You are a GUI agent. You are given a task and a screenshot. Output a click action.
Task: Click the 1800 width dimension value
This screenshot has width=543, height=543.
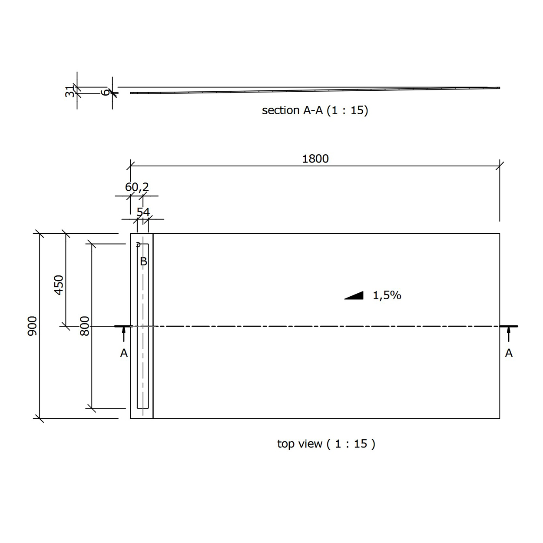[x=315, y=159]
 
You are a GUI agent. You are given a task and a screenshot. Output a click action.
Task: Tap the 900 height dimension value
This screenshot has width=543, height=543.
[x=32, y=326]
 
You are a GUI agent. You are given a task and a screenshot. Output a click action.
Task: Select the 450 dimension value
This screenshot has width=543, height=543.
[x=59, y=285]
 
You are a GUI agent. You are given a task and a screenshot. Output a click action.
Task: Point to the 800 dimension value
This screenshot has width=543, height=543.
[x=85, y=326]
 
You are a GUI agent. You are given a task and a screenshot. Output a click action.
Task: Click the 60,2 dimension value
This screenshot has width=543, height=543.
[x=137, y=187]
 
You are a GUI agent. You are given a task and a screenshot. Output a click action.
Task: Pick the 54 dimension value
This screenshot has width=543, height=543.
[x=143, y=212]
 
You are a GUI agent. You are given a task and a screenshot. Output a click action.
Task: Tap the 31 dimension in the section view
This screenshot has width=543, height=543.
[x=70, y=92]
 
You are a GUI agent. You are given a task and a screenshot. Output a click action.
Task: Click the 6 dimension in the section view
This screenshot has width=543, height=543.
[x=105, y=92]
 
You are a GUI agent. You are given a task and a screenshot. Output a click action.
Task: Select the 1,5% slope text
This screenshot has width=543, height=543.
[x=387, y=295]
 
